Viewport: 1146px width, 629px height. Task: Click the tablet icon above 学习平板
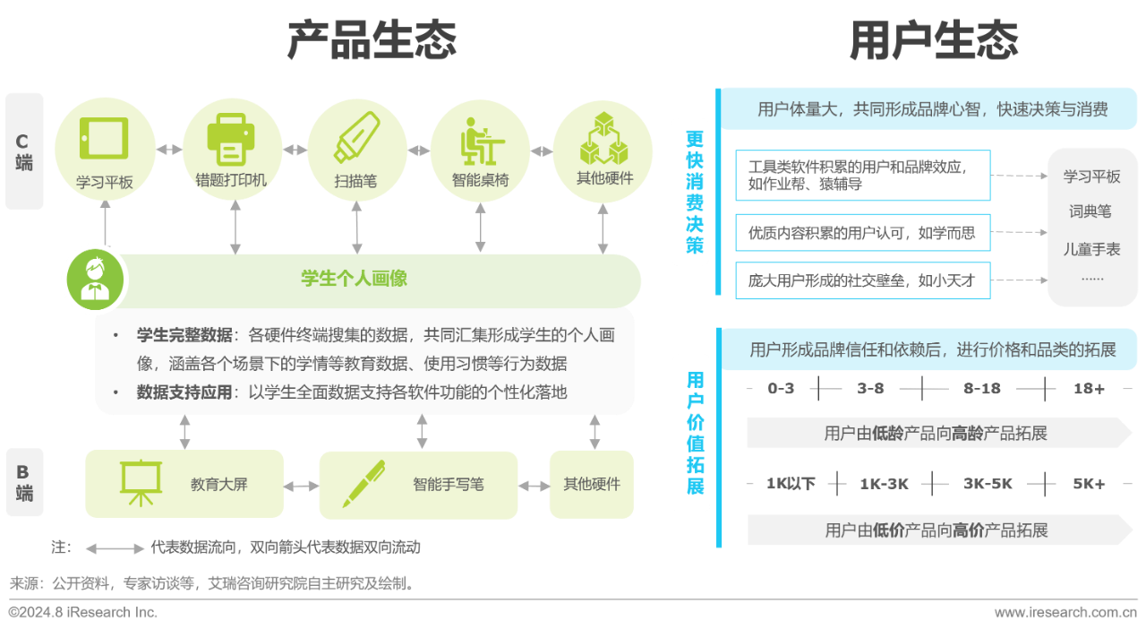tap(104, 138)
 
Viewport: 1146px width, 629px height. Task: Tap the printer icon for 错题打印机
tap(231, 139)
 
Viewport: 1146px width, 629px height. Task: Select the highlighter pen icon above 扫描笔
tap(356, 137)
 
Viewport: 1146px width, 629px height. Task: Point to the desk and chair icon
tap(482, 142)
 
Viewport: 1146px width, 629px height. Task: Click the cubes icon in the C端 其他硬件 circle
tap(603, 138)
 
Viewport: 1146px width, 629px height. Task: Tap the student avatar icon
tap(95, 280)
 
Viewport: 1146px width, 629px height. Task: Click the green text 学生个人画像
tap(354, 279)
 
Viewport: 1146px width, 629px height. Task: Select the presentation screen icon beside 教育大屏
tap(141, 483)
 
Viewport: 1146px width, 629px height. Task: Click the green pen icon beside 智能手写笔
tap(363, 484)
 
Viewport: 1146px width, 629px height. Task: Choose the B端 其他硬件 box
tap(592, 485)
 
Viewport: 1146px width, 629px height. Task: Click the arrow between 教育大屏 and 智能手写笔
tap(301, 487)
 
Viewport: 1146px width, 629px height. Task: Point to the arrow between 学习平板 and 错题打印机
tap(169, 150)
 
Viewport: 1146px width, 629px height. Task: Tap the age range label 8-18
tap(982, 389)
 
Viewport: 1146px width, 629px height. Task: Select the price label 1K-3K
tap(884, 484)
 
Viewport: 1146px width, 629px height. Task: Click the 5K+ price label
tap(1089, 484)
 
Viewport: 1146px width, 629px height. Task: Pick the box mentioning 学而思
tap(863, 233)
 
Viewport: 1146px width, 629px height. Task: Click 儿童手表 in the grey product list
tap(1091, 249)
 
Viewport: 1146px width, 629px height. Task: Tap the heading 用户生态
tap(934, 40)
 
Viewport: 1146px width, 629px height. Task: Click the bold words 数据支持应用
tap(184, 392)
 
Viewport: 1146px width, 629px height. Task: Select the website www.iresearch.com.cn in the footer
tap(1065, 612)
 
